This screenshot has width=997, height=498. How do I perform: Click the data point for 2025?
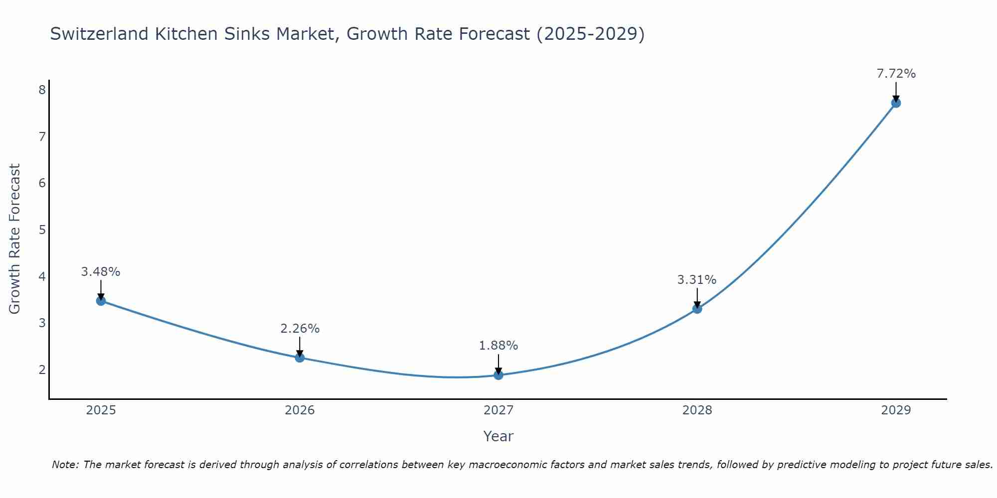(101, 301)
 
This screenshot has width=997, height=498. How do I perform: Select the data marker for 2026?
(300, 358)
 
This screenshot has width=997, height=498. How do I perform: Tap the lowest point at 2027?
(498, 375)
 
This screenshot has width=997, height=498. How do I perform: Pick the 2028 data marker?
(697, 309)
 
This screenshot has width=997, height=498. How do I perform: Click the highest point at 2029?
(896, 103)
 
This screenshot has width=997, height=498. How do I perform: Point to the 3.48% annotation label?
(101, 272)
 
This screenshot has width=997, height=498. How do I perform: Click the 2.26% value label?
(300, 329)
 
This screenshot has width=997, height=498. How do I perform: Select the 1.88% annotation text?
(498, 346)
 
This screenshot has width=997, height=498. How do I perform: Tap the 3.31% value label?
(697, 280)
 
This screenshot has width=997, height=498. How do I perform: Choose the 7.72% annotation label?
(896, 74)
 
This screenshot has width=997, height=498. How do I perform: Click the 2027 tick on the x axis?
(498, 410)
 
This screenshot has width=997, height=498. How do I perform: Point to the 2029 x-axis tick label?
(896, 410)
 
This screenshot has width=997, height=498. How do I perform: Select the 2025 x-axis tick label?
(101, 410)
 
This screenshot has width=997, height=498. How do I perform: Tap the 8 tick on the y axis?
(42, 90)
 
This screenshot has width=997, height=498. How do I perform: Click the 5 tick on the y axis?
(42, 230)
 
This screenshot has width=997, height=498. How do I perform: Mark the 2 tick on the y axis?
(42, 370)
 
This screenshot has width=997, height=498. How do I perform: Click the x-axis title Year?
(498, 436)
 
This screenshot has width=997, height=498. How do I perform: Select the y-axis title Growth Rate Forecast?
(15, 239)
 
